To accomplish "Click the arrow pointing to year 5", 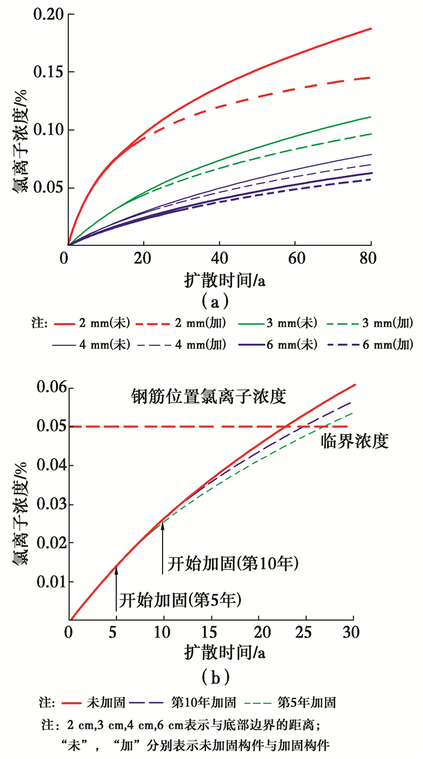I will click(x=116, y=586).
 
